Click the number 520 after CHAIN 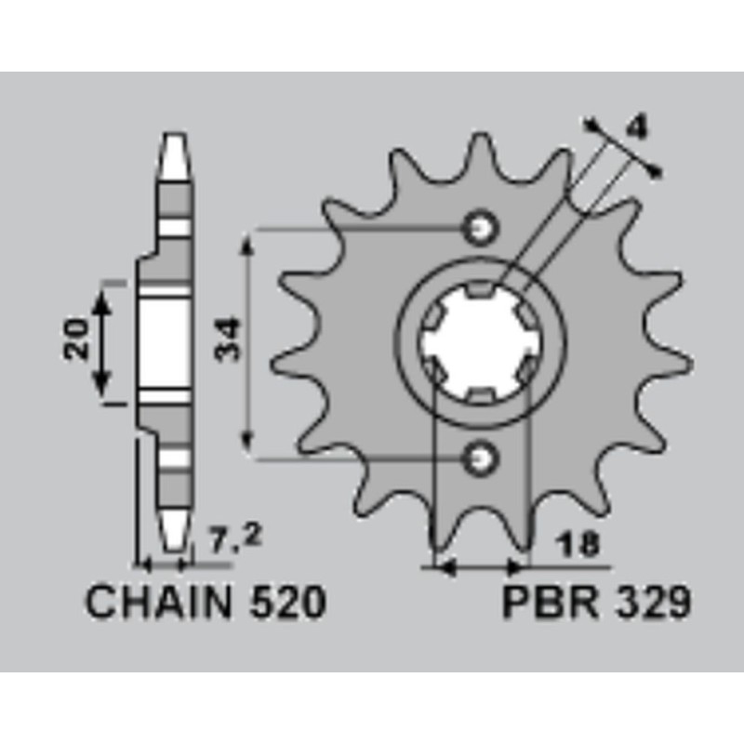pyautogui.click(x=286, y=604)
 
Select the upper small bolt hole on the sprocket pyautogui.click(x=481, y=226)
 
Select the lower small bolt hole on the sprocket pyautogui.click(x=481, y=456)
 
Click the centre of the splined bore pyautogui.click(x=479, y=341)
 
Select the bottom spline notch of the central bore pyautogui.click(x=480, y=395)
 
